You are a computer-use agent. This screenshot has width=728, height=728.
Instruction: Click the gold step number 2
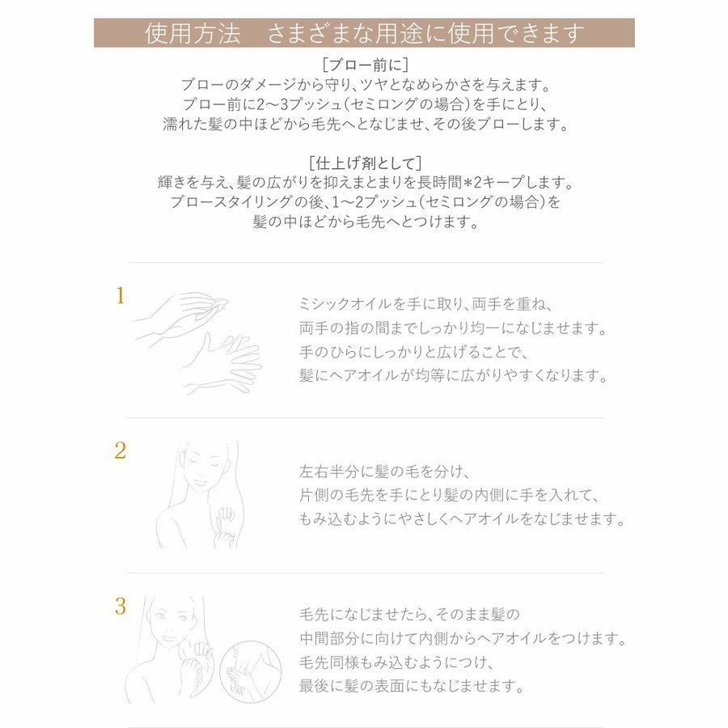120,451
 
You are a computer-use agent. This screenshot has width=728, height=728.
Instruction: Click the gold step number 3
120,607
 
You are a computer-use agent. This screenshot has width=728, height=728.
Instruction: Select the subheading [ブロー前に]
364,64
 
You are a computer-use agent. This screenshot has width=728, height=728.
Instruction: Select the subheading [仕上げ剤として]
365,162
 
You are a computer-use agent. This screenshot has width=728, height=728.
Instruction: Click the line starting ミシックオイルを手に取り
425,304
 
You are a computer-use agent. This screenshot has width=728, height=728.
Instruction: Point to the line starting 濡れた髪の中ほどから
364,125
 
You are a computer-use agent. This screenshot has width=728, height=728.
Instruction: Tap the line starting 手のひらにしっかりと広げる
413,353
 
